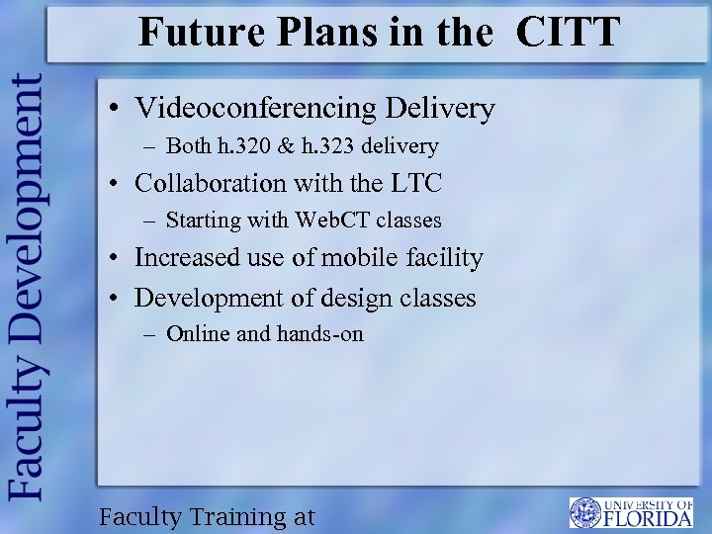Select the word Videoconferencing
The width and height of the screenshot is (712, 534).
[257, 108]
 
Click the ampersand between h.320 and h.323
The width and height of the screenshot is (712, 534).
[284, 146]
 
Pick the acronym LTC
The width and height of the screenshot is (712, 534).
[414, 183]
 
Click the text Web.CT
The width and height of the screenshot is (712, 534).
[333, 220]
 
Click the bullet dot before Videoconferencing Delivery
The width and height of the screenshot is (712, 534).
[116, 109]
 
